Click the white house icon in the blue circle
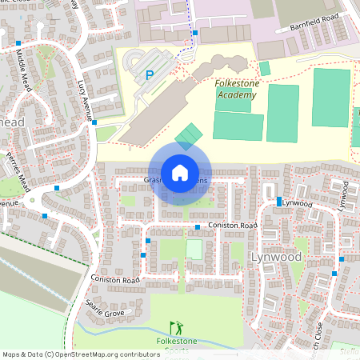point(179,173)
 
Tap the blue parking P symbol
point(149,76)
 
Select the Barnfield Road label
point(315,22)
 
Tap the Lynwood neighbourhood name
point(276,258)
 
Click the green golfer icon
point(175,328)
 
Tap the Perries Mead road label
point(18,169)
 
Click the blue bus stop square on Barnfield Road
point(195,33)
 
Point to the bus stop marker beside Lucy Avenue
point(94,123)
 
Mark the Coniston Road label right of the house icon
point(232,226)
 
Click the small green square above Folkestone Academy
point(265,68)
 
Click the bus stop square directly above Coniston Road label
point(198,228)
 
